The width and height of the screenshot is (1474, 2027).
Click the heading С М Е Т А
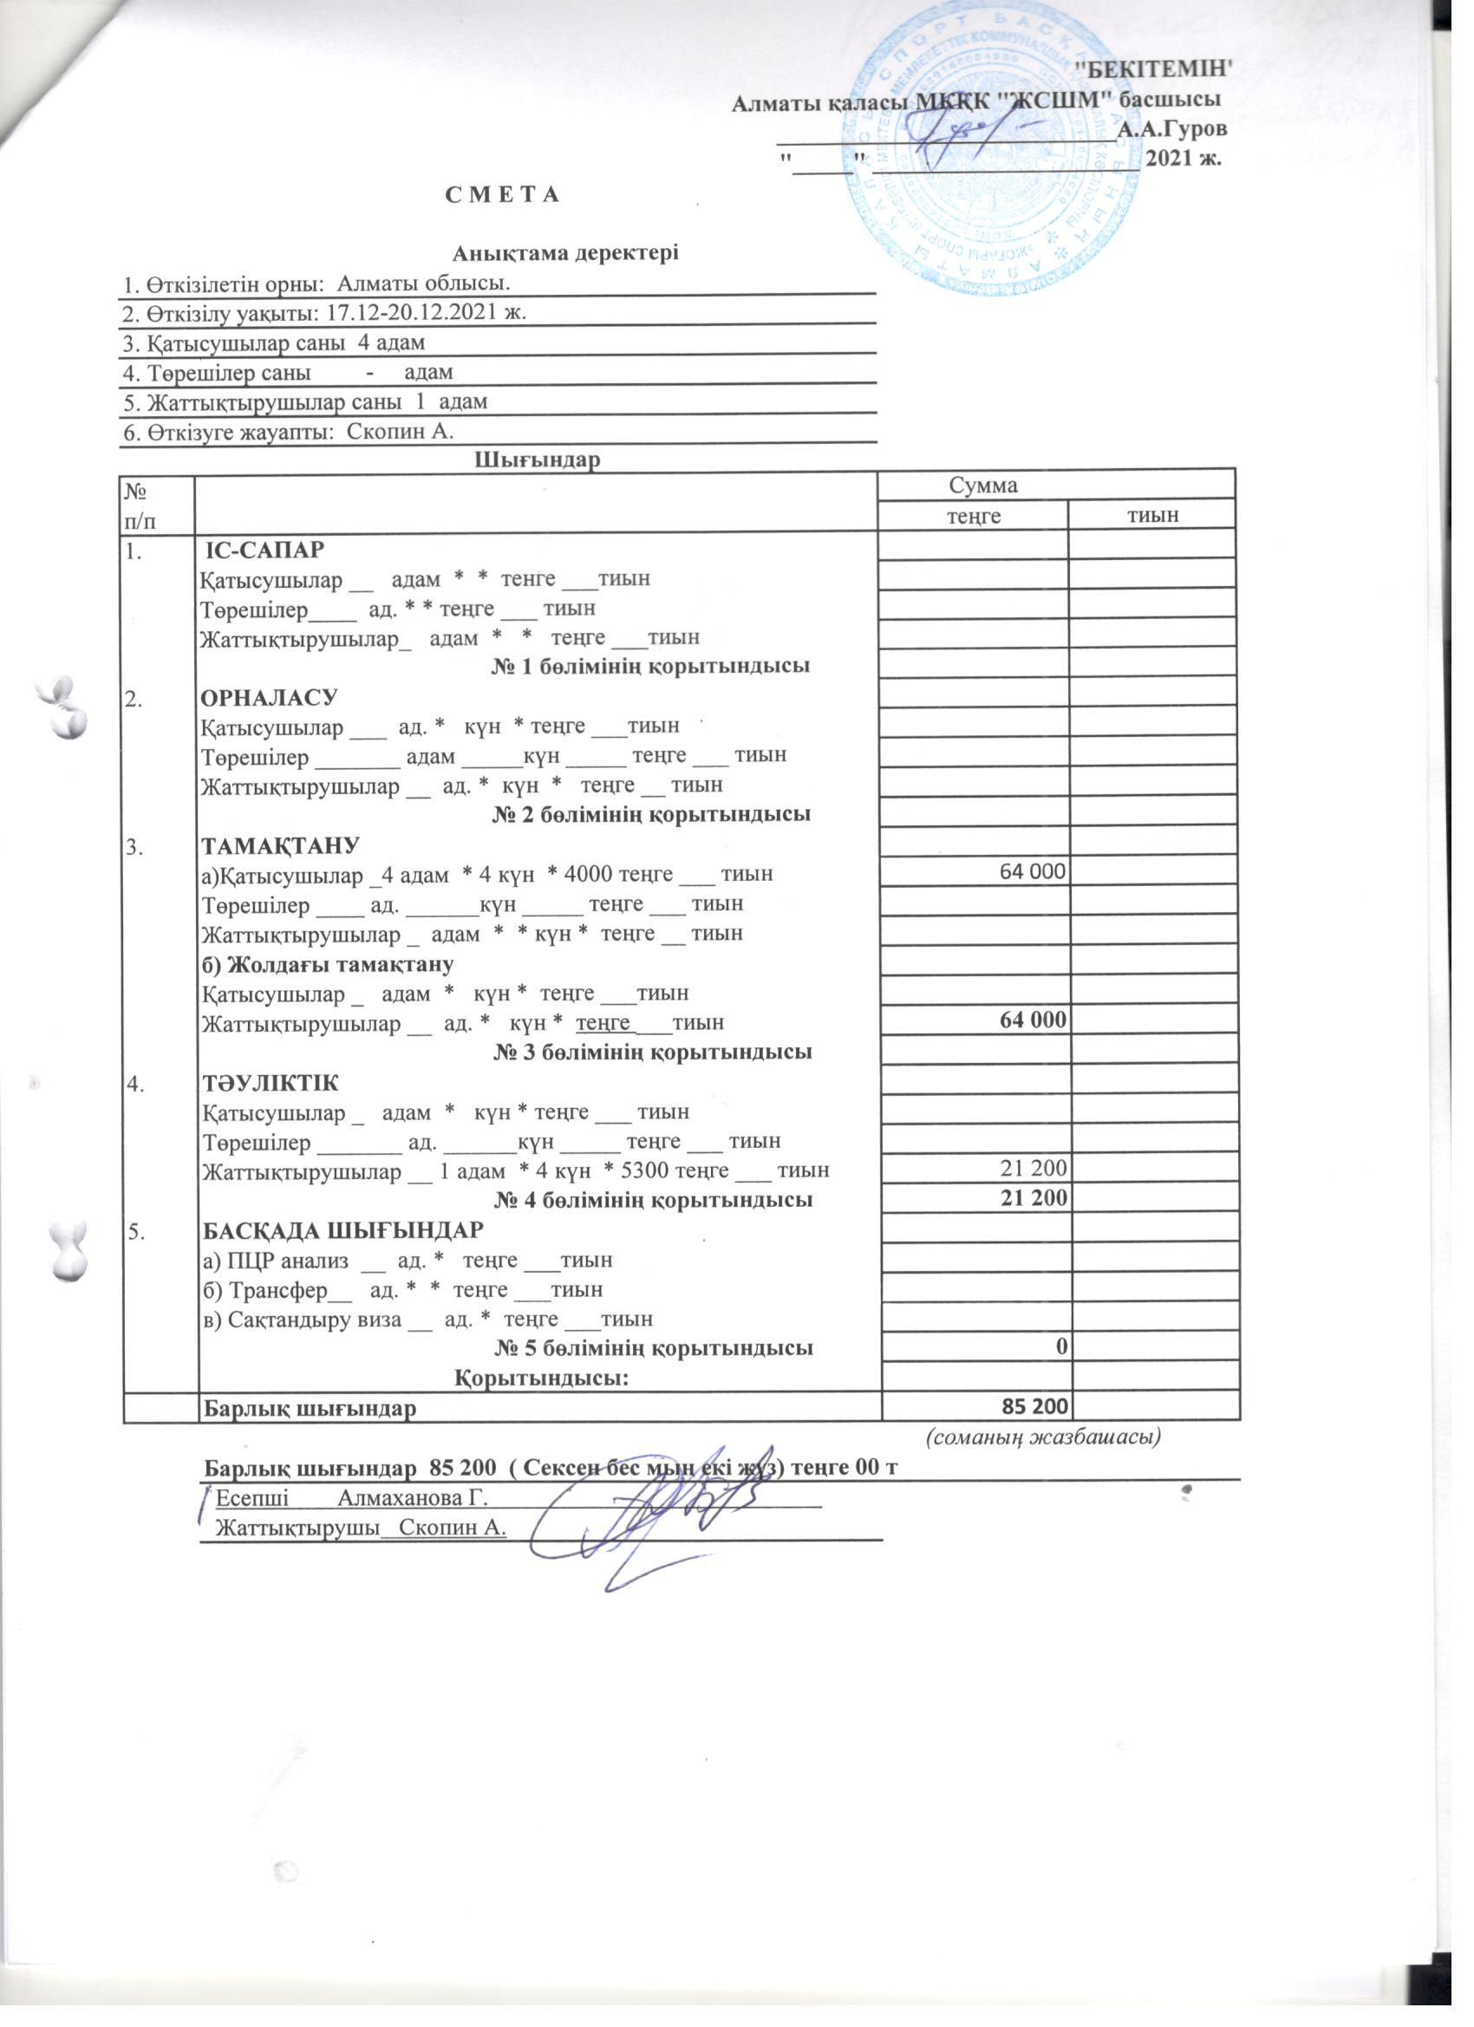tap(501, 195)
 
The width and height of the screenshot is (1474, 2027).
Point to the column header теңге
tap(974, 516)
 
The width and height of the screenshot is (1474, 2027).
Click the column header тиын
tap(1153, 516)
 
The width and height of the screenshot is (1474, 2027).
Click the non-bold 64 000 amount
tap(1034, 872)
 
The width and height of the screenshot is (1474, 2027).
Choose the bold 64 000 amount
tap(1034, 1020)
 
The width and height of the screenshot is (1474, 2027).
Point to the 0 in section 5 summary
tap(1062, 1348)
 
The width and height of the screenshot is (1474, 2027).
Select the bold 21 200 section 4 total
tap(1034, 1199)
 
